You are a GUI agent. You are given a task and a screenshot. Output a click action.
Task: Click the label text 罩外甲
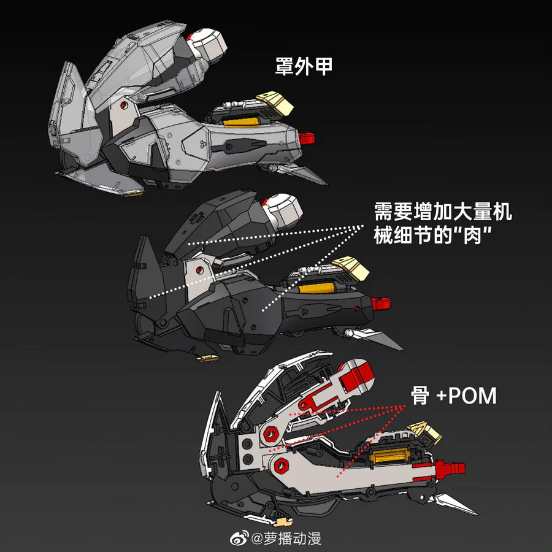point(304,66)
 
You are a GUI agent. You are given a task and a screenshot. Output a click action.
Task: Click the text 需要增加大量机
point(443,213)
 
